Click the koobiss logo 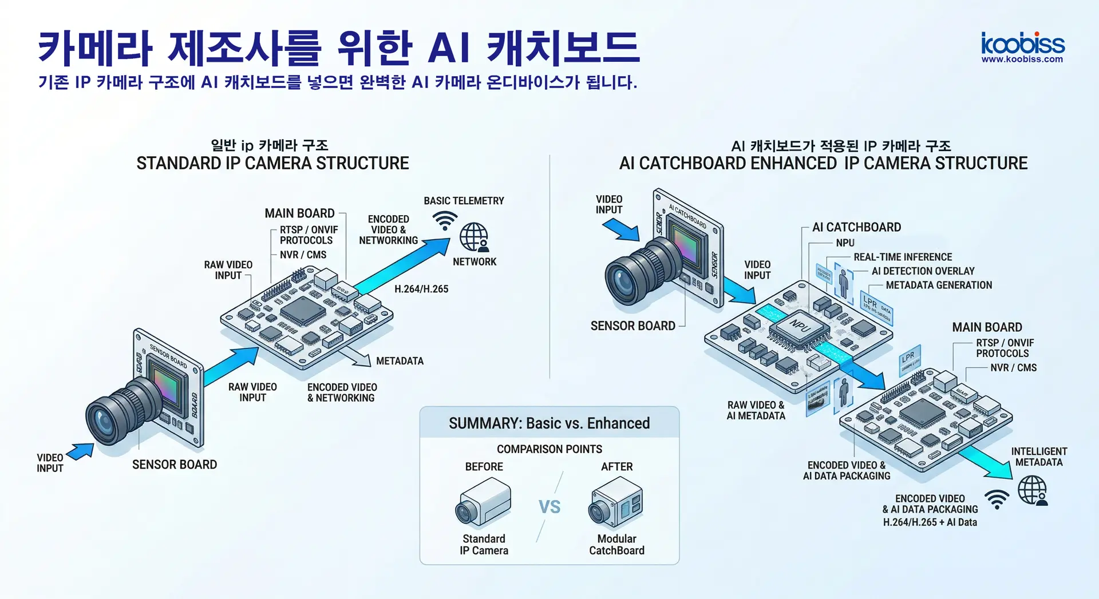pyautogui.click(x=1022, y=43)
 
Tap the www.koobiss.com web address pyautogui.click(x=1022, y=59)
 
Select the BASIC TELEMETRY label pyautogui.click(x=464, y=201)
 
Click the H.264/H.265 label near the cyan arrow pyautogui.click(x=421, y=289)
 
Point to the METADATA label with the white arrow pyautogui.click(x=400, y=361)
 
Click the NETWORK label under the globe pyautogui.click(x=475, y=261)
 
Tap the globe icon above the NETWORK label pyautogui.click(x=474, y=236)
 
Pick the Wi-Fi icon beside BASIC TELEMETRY pyautogui.click(x=445, y=220)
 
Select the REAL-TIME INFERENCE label pyautogui.click(x=903, y=257)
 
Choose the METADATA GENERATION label pyautogui.click(x=939, y=285)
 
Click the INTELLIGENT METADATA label pyautogui.click(x=1039, y=457)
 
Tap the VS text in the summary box pyautogui.click(x=549, y=507)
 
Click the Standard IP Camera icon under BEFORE pyautogui.click(x=483, y=502)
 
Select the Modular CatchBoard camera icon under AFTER pyautogui.click(x=616, y=502)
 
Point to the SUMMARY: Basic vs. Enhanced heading pyautogui.click(x=549, y=423)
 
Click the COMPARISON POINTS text pyautogui.click(x=549, y=449)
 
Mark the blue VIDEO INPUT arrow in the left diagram pyautogui.click(x=81, y=451)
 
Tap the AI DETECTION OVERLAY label pyautogui.click(x=923, y=271)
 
